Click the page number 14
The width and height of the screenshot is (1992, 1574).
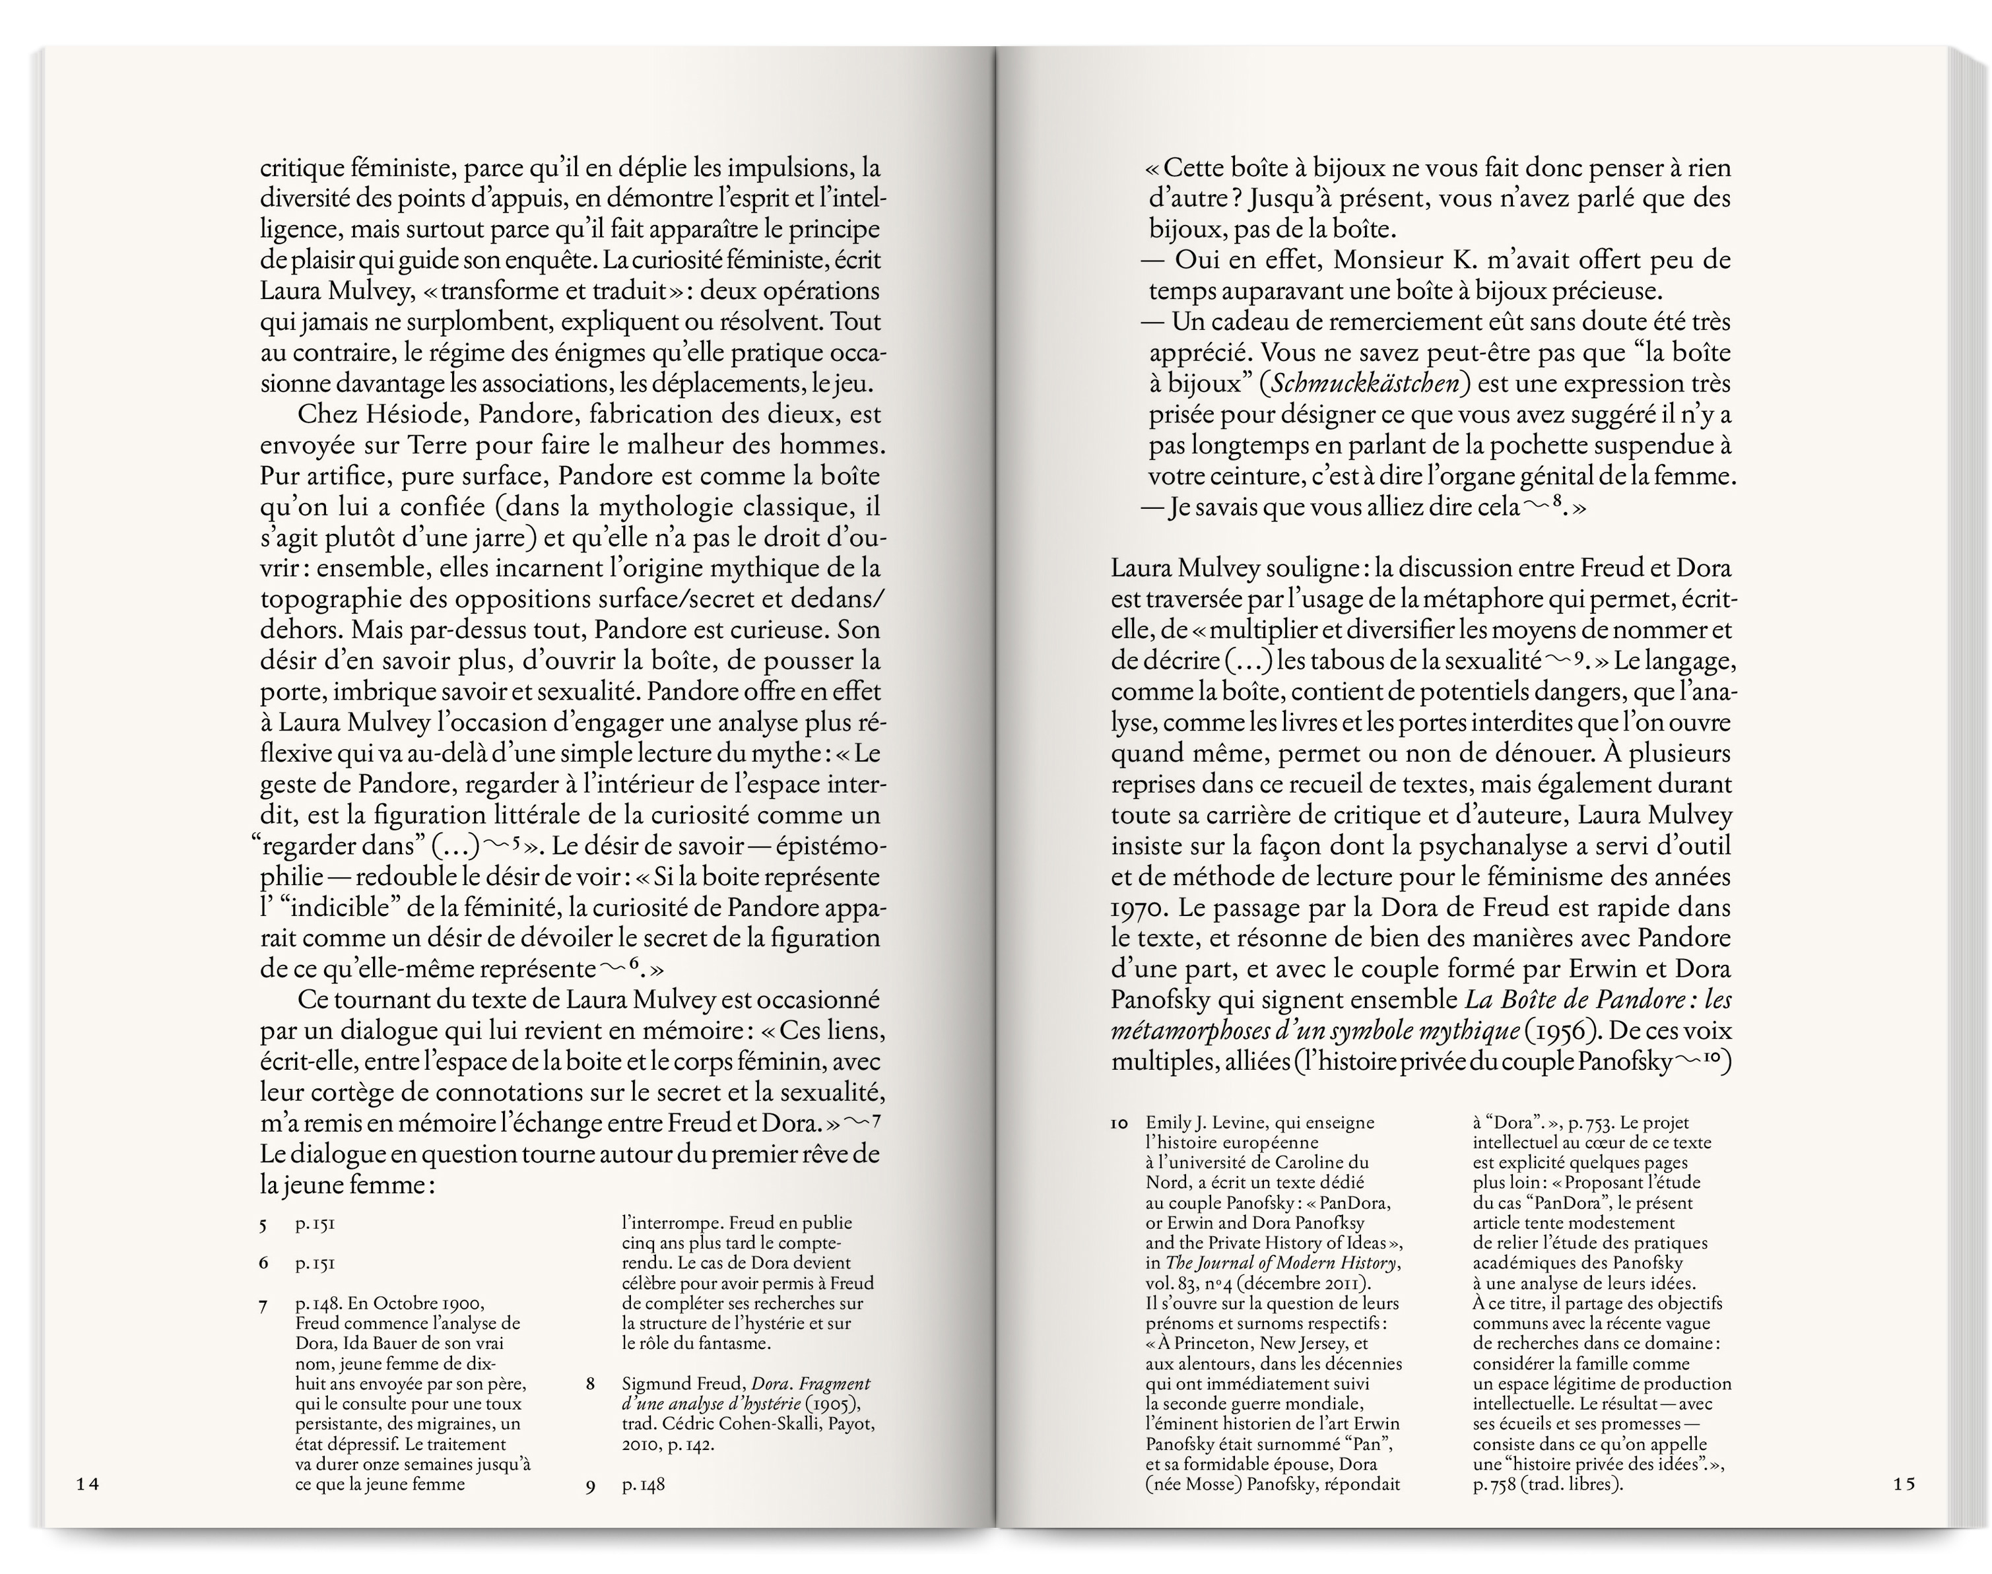pyautogui.click(x=88, y=1509)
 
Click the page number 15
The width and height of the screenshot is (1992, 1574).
pyautogui.click(x=1904, y=1509)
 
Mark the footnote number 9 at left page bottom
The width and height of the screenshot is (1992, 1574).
pyautogui.click(x=591, y=1512)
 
